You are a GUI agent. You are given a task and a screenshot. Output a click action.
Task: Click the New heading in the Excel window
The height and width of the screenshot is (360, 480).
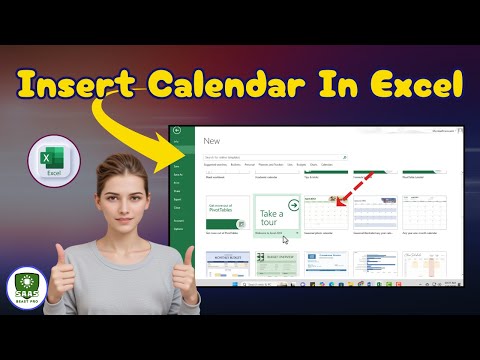pyautogui.click(x=211, y=142)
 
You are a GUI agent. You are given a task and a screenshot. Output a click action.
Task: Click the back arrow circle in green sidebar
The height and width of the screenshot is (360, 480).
pyautogui.click(x=176, y=132)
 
